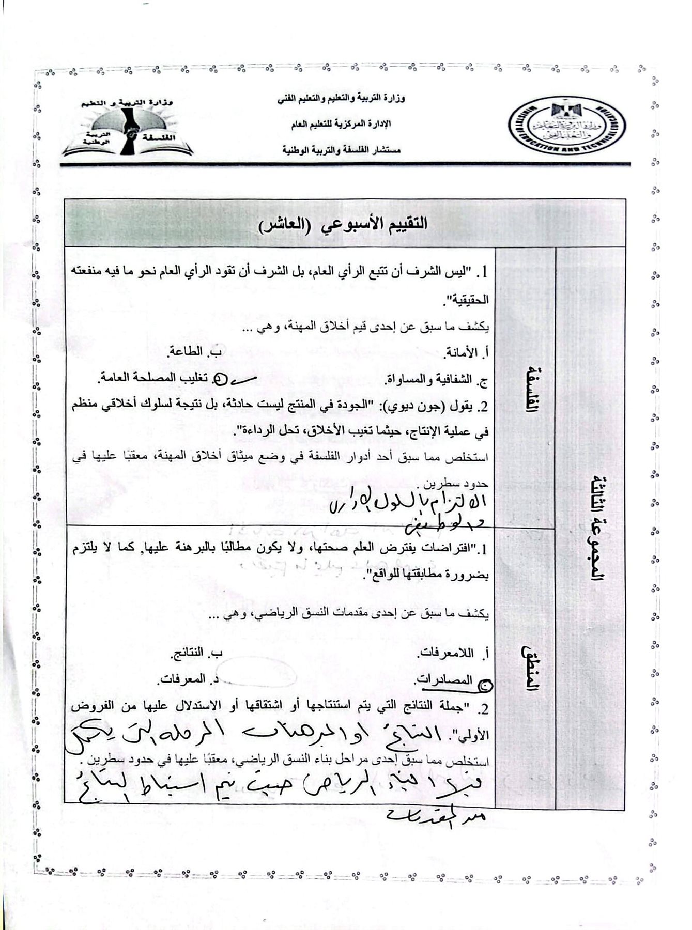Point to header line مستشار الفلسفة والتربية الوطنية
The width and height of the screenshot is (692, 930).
[x=342, y=150]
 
